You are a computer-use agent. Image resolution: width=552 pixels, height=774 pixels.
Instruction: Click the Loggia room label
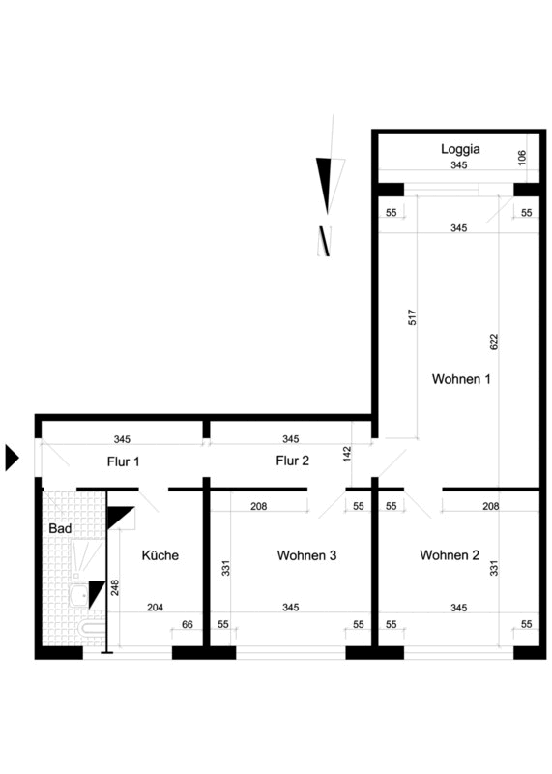(460, 149)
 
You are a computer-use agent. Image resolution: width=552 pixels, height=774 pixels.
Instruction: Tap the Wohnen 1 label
(461, 379)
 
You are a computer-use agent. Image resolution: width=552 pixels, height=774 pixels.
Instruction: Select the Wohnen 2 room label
(450, 555)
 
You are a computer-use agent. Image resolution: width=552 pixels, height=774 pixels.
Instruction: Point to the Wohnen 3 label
(306, 555)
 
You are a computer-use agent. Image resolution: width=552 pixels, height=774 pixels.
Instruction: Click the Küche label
(160, 555)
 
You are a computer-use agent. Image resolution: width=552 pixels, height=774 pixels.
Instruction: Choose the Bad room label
(60, 528)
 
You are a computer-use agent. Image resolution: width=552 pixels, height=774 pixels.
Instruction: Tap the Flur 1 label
(124, 461)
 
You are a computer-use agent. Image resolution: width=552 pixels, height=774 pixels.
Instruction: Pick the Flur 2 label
(293, 461)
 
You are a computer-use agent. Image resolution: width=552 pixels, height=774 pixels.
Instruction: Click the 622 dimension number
(494, 342)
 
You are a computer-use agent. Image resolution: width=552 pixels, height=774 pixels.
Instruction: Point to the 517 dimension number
(413, 317)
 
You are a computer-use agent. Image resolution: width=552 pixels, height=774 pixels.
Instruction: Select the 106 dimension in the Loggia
(522, 158)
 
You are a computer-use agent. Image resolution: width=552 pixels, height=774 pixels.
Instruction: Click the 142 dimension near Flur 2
(347, 454)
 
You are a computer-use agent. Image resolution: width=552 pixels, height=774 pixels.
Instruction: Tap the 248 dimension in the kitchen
(115, 587)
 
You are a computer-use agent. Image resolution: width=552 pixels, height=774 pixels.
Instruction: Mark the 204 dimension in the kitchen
(155, 608)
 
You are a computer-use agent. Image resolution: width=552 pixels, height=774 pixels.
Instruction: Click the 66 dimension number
(188, 624)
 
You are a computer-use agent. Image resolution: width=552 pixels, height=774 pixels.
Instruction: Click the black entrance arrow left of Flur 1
(12, 458)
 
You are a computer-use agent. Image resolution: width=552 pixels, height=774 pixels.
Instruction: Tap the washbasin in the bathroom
(79, 596)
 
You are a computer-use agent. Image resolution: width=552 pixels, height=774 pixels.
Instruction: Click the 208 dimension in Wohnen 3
(258, 506)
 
